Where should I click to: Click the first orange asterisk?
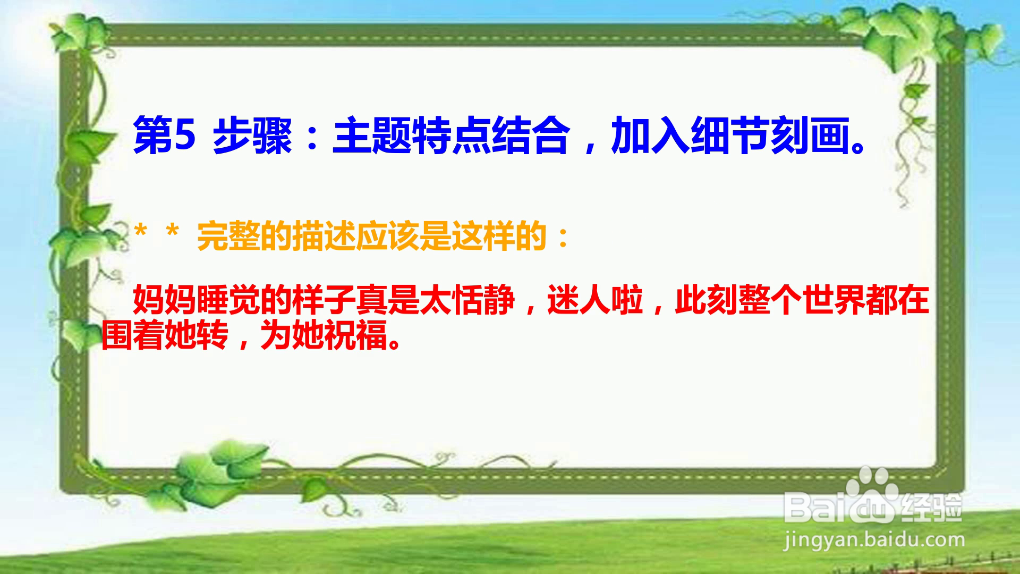pyautogui.click(x=141, y=232)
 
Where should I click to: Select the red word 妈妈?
pyautogui.click(x=165, y=301)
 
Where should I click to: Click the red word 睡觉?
pyautogui.click(x=228, y=301)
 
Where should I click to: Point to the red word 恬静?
pyautogui.click(x=483, y=301)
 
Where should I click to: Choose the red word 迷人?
pyautogui.click(x=579, y=301)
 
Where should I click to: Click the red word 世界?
pyautogui.click(x=834, y=301)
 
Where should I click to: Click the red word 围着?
pyautogui.click(x=133, y=335)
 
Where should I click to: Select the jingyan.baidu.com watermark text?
pyautogui.click(x=874, y=541)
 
